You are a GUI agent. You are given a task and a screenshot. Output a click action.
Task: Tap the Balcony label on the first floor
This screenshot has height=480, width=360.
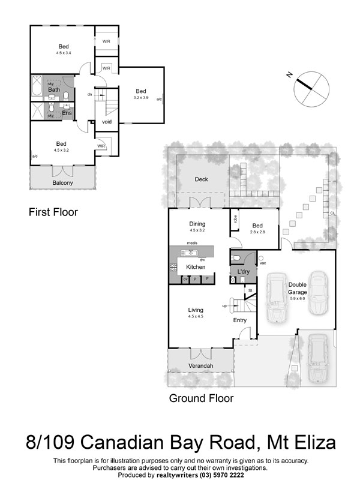pyautogui.click(x=62, y=182)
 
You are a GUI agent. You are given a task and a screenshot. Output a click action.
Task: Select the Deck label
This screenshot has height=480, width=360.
pyautogui.click(x=201, y=179)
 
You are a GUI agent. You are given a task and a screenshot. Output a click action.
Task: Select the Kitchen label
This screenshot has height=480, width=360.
pyautogui.click(x=196, y=266)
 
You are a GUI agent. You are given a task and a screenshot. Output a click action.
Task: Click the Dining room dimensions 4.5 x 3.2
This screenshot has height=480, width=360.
pyautogui.click(x=197, y=230)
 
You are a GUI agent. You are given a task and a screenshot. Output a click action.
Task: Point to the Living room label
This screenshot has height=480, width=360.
pyautogui.click(x=196, y=310)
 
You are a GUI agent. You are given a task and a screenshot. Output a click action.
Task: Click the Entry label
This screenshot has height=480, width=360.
pyautogui.click(x=240, y=320)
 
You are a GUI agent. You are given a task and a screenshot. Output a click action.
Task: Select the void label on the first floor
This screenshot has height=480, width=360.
pyautogui.click(x=107, y=122)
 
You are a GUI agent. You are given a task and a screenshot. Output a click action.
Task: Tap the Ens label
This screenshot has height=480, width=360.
pyautogui.click(x=67, y=112)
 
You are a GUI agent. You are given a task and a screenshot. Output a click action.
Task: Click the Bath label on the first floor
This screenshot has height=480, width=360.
pyautogui.click(x=54, y=89)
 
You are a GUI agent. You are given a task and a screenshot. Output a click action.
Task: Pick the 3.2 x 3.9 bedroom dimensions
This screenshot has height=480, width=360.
pyautogui.click(x=141, y=97)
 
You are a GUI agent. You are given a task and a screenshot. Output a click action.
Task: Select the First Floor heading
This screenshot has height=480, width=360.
pyautogui.click(x=53, y=212)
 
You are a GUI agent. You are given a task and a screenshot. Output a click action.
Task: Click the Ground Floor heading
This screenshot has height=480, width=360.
pyautogui.click(x=201, y=398)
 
